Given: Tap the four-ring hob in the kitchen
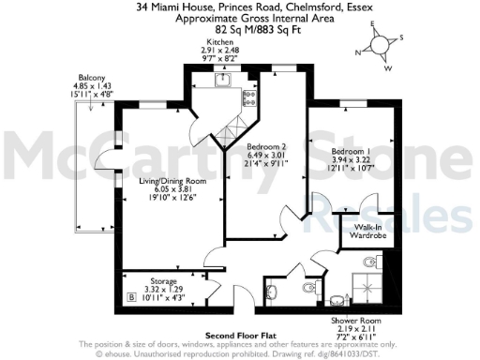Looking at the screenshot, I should click(248, 96).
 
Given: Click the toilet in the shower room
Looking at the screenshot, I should click(308, 291).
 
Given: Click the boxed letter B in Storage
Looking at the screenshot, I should click(129, 297).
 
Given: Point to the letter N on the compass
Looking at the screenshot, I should click(358, 52).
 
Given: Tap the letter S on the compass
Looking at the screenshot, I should click(403, 38).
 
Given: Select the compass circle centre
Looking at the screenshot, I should click(380, 46).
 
